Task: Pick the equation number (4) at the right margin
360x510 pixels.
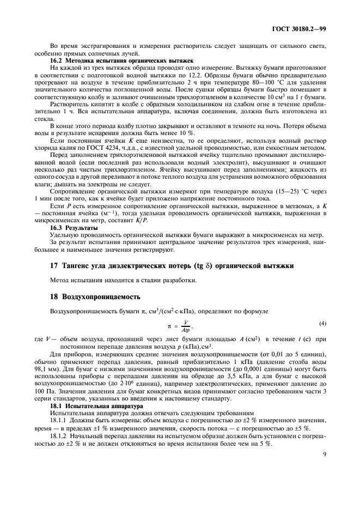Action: pyautogui.click(x=322, y=324)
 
